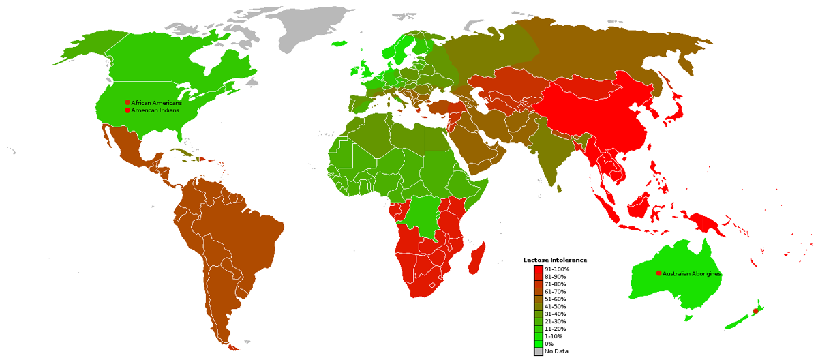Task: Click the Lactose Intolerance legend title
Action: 555,260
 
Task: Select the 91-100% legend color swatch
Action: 538,269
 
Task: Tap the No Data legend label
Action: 556,351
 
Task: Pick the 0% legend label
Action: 549,344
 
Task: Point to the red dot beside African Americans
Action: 127,102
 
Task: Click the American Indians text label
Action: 155,110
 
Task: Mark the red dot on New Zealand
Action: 755,311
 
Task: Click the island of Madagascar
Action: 479,256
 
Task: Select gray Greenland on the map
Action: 300,27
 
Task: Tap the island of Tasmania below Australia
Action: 688,318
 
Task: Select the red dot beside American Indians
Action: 127,110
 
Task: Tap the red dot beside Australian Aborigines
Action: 658,273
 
